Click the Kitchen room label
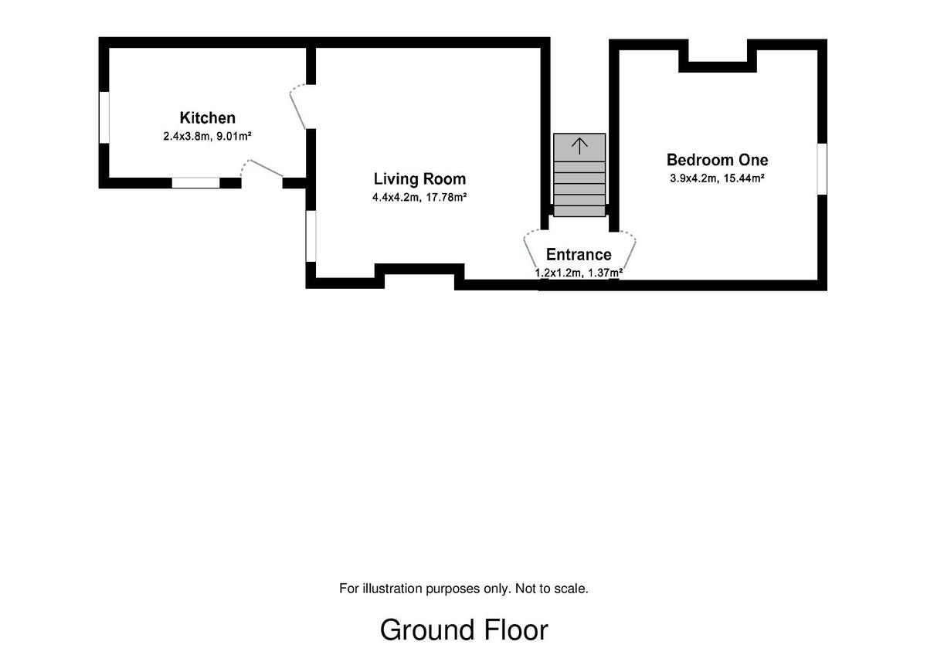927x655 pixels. tap(207, 118)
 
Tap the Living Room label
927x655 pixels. tap(419, 179)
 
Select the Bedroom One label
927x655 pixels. tap(717, 160)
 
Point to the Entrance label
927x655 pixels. tap(579, 254)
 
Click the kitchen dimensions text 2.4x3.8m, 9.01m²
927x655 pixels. tap(207, 136)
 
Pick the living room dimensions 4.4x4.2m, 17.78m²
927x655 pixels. tap(419, 198)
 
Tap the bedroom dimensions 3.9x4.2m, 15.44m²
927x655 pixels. tap(717, 178)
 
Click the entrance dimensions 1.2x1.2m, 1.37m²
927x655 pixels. tap(579, 273)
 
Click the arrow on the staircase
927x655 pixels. tap(579, 146)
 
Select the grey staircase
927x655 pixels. tap(579, 175)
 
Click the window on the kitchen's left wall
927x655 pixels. tap(104, 117)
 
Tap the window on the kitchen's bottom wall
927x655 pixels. tap(195, 182)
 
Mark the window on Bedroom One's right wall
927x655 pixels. tap(822, 168)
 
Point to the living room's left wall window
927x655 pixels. tap(311, 236)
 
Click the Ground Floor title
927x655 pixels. tap(464, 630)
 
